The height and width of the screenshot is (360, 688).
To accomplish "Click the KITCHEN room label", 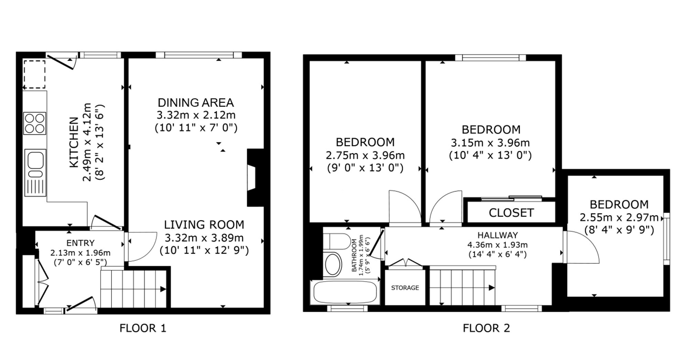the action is coord(74,142).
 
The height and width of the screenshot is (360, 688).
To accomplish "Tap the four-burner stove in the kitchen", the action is coord(35,123).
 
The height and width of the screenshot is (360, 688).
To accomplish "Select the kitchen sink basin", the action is coord(35,160).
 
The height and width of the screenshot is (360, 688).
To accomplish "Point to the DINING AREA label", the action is coord(196,102).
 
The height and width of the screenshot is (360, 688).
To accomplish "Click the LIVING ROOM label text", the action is coord(204,225).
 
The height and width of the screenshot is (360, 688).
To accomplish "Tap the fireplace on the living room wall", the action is coord(255,177).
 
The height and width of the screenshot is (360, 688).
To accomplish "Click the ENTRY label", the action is coord(80,243).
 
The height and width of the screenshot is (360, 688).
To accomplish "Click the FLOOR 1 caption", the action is coord(143,328).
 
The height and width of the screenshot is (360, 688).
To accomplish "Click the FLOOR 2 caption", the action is coord(486,328).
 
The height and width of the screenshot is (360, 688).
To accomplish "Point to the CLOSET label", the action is coord(511,213).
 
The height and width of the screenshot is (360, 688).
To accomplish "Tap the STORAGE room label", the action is coord(405,287).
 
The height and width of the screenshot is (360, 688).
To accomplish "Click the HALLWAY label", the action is coord(497,235).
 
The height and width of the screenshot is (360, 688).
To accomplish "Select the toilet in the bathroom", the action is coord(337,241).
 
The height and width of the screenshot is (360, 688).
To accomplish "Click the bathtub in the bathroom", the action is coord(345,293).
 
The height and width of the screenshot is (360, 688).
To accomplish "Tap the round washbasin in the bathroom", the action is coord(333,264).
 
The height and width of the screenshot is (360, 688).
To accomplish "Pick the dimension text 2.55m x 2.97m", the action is coord(619,217).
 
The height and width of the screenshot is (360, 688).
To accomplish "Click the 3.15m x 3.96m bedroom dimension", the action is coord(490,142).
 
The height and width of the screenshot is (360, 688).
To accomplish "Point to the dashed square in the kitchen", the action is coord(34,74).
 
